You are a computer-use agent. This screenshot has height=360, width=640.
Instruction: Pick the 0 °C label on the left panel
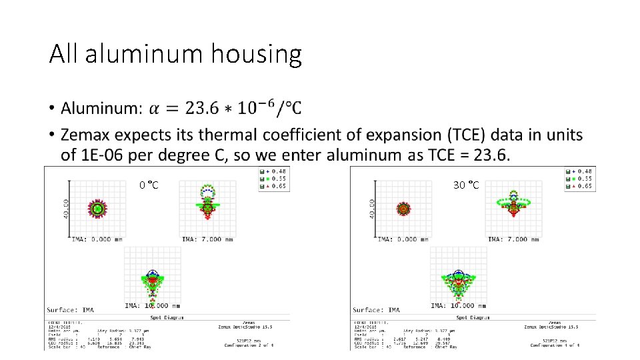[149, 185]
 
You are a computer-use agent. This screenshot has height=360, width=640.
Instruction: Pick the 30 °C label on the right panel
[466, 185]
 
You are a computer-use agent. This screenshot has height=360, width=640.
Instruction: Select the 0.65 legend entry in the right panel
[583, 186]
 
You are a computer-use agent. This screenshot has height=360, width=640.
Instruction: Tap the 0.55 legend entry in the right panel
[583, 179]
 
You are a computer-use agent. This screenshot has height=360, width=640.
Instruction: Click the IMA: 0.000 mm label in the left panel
[97, 239]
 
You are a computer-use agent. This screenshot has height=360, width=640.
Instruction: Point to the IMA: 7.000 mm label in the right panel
[512, 239]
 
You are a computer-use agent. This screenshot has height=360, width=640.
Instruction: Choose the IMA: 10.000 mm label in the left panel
[151, 306]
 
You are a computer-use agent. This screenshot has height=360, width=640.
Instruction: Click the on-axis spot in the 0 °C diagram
[98, 209]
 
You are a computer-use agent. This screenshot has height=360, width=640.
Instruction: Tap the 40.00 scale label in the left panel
[67, 209]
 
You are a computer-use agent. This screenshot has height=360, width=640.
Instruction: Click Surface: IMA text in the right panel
[377, 310]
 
